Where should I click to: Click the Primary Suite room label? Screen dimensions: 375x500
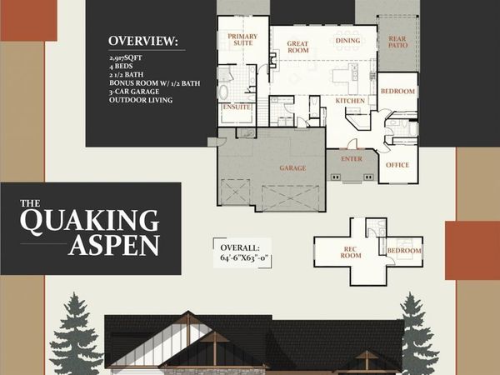(242, 41)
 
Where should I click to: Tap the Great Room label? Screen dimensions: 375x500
(298, 47)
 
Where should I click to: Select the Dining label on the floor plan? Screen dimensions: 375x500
(347, 40)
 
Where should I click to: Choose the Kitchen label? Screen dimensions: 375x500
(351, 101)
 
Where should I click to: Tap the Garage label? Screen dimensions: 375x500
(292, 167)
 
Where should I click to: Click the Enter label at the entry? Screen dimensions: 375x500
(352, 158)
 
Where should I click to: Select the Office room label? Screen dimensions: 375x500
(397, 165)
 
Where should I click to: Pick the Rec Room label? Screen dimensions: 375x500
(351, 252)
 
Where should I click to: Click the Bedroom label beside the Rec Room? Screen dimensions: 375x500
(403, 251)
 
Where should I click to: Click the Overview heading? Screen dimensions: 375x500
(142, 41)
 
